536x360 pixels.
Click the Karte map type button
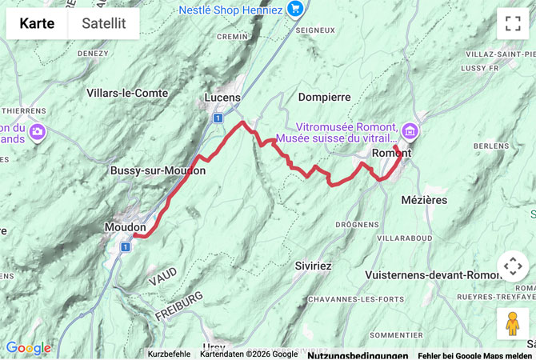37,23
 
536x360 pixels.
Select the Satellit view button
103,23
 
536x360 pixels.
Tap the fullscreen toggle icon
513,24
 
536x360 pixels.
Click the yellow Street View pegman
513,323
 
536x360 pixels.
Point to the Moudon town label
125,227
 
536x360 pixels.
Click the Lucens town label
222,98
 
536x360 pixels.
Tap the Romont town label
392,153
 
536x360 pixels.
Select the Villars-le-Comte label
128,94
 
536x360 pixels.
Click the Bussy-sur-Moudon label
158,171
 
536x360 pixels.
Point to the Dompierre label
324,98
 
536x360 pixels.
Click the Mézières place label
424,200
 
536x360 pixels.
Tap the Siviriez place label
313,266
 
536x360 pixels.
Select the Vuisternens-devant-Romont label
433,275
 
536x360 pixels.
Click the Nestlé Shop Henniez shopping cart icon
296,10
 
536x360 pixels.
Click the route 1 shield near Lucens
218,118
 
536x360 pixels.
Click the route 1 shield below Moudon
126,248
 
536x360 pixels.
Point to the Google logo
28,348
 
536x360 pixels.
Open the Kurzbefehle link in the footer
169,354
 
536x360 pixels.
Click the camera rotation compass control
513,266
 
